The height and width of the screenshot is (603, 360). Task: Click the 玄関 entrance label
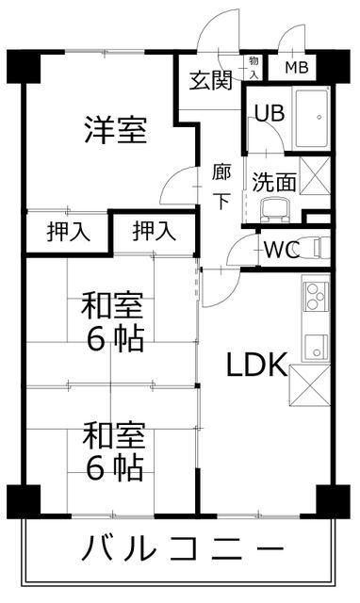coord(209,80)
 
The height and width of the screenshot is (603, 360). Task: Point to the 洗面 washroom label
coord(274,182)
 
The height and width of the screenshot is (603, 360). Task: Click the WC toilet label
coord(281,250)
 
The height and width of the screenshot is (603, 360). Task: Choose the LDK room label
coord(254,365)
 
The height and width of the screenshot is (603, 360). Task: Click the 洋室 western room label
coord(115,130)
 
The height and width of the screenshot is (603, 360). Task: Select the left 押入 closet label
coord(68,231)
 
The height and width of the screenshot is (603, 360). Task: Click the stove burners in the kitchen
coord(314,296)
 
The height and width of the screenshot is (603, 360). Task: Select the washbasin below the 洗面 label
coord(274,210)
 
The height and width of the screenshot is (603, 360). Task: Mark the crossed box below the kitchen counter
coord(311,385)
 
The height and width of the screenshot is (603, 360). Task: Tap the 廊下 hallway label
coord(222,186)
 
